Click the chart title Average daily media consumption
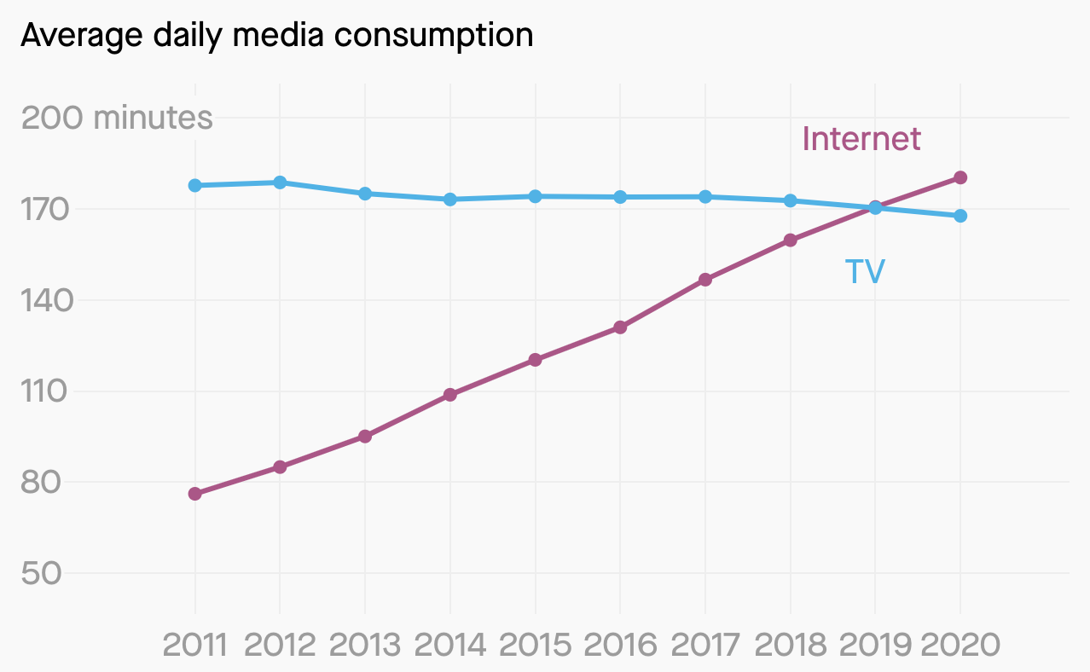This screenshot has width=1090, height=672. tap(276, 35)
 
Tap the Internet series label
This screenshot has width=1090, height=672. tap(861, 138)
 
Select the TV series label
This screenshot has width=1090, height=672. tap(865, 271)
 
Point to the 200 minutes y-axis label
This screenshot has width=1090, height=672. tap(117, 118)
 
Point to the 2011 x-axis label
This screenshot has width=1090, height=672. tap(194, 645)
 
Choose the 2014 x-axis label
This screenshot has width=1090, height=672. tap(449, 645)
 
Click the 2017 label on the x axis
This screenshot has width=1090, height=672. tap(705, 645)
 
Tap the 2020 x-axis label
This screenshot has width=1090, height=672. tap(960, 645)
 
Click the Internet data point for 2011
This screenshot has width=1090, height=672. tap(194, 494)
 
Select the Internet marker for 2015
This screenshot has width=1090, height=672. tap(535, 360)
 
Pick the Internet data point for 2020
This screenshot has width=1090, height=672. tap(960, 177)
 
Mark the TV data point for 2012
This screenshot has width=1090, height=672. tap(280, 182)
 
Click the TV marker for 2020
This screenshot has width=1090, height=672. tap(960, 216)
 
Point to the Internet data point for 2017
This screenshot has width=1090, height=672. tap(705, 280)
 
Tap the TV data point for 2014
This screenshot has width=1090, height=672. tap(449, 200)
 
